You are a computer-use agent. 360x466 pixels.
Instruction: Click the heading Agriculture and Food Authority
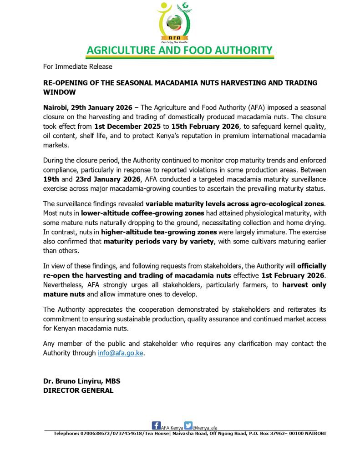click(179, 50)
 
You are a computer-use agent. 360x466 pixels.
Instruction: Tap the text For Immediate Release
click(77, 66)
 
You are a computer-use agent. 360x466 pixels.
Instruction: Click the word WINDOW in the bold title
click(60, 91)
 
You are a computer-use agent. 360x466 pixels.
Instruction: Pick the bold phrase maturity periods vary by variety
click(158, 242)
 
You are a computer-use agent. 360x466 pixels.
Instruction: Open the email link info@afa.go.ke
click(121, 353)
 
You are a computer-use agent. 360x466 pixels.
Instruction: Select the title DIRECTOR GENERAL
click(78, 390)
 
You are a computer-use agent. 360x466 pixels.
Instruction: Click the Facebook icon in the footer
click(156, 425)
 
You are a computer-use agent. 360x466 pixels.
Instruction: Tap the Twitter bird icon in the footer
click(188, 425)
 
